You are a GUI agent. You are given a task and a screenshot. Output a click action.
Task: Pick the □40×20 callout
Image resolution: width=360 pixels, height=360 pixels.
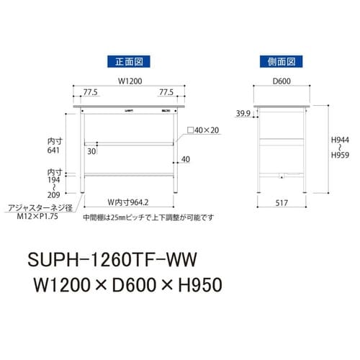204,130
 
